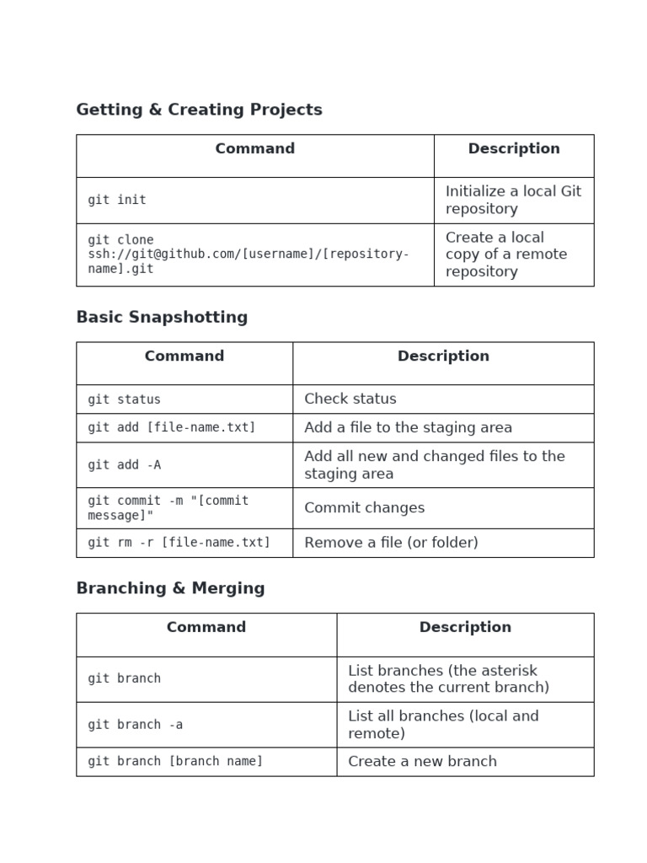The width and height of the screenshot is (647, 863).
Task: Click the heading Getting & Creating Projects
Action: click(x=199, y=110)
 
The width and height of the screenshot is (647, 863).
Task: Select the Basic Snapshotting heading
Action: click(x=162, y=317)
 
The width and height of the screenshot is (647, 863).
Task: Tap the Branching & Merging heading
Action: click(x=170, y=588)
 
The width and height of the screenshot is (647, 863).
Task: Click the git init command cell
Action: click(x=117, y=200)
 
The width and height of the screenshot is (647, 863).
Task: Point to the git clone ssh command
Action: click(x=249, y=255)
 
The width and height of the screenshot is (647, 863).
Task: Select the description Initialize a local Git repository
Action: click(x=513, y=200)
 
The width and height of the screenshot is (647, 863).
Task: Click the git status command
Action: click(x=124, y=399)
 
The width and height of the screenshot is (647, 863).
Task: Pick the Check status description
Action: click(x=350, y=399)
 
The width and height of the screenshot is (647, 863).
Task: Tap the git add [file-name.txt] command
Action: click(x=171, y=427)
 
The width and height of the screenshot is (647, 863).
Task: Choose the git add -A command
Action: click(x=124, y=465)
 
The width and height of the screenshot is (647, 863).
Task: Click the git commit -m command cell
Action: click(x=168, y=507)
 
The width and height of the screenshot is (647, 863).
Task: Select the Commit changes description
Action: click(x=364, y=507)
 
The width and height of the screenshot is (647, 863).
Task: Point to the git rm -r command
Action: click(x=179, y=543)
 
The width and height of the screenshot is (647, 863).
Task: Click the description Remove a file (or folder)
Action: click(x=391, y=543)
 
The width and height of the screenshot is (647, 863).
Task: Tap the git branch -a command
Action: click(x=135, y=725)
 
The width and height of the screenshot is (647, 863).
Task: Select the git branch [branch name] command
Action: click(x=175, y=761)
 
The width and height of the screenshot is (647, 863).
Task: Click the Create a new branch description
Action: click(x=422, y=761)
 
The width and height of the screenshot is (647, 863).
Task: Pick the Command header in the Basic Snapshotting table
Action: click(x=184, y=356)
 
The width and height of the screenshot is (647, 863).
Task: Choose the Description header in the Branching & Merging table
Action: click(x=465, y=627)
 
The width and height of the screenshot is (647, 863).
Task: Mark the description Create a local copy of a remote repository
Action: click(x=505, y=255)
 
